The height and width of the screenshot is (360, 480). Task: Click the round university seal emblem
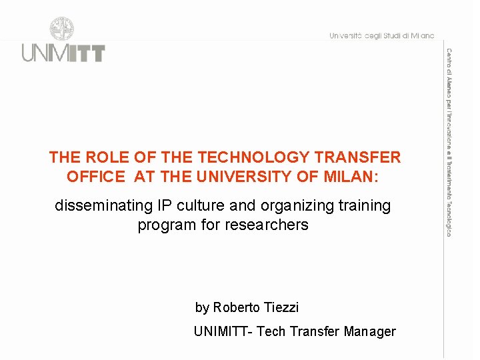tap(62, 30)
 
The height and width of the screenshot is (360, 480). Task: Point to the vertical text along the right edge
tap(449, 141)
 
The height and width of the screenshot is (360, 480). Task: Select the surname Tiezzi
tap(281, 307)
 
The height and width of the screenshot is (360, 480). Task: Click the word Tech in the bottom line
tap(271, 331)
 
